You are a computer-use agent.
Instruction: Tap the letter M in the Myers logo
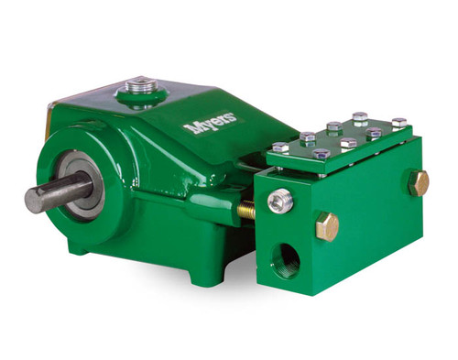point(191,128)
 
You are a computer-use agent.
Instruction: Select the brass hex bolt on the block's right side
point(418,181)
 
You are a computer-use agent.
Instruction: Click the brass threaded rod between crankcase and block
point(246,212)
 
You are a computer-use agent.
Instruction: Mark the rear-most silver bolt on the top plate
point(360,117)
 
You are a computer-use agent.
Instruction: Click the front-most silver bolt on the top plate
point(322,155)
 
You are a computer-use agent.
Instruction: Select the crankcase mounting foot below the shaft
point(81,245)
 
